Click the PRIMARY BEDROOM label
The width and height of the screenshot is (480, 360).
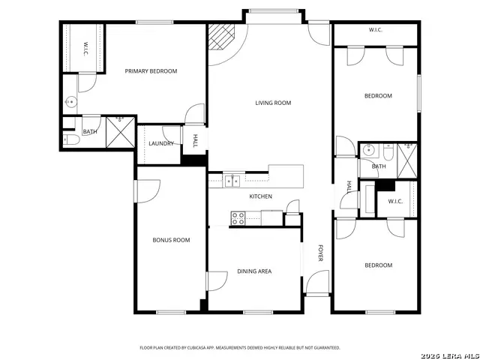(151, 71)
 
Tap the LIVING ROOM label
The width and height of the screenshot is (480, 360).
(273, 103)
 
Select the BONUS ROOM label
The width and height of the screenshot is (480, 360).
(171, 240)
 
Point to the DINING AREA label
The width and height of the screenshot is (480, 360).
(254, 271)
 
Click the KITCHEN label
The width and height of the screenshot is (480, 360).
(260, 196)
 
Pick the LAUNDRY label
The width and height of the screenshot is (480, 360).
(161, 143)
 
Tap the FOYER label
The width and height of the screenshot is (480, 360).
(320, 253)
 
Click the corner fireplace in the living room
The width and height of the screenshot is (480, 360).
(220, 36)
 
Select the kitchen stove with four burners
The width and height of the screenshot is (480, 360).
(238, 218)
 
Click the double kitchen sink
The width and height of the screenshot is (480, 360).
(232, 180)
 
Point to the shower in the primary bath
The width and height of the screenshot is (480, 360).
(120, 131)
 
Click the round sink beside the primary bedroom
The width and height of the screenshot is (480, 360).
(71, 101)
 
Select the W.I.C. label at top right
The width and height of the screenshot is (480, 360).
(376, 30)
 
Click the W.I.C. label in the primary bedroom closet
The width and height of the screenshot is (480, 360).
(85, 49)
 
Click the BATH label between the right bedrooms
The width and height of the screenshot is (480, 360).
(379, 166)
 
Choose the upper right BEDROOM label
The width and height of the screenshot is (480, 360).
(378, 95)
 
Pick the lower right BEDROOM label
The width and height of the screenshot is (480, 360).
(378, 265)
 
